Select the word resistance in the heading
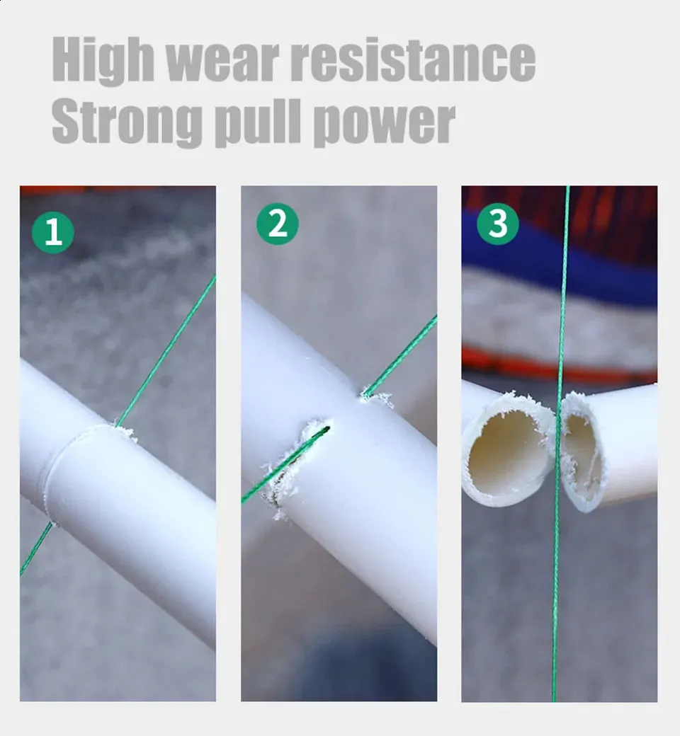[x=414, y=59]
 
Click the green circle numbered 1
[x=53, y=232]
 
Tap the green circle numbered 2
[x=277, y=224]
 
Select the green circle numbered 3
[x=498, y=224]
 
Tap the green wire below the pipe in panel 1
[x=35, y=548]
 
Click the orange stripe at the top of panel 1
[x=118, y=190]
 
